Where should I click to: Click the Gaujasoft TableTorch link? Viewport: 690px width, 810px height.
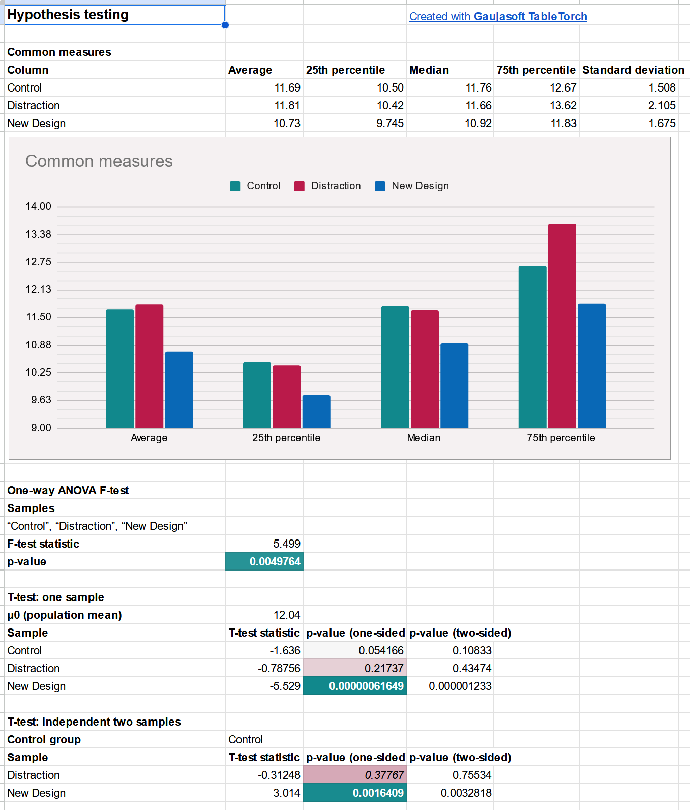[x=498, y=16]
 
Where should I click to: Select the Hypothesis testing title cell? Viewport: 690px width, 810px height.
[x=114, y=15]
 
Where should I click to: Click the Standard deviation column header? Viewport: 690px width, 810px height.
[x=633, y=70]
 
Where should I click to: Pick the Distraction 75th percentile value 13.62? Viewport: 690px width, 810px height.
[x=563, y=105]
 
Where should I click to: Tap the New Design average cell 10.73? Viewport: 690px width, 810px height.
[x=287, y=123]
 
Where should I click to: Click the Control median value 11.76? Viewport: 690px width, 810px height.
[x=478, y=87]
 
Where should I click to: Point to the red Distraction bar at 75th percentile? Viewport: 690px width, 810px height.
[x=562, y=325]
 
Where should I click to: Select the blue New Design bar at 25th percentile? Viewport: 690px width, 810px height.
[x=316, y=411]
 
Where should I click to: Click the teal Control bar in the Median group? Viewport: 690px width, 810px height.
[x=395, y=367]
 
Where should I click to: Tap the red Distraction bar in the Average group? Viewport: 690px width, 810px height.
[x=149, y=366]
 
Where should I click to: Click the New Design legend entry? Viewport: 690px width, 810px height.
[x=412, y=186]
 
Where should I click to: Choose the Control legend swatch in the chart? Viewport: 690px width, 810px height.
[x=235, y=186]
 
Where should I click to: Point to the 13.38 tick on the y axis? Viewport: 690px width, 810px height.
[x=39, y=234]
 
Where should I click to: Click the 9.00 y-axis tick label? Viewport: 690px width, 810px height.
[x=41, y=428]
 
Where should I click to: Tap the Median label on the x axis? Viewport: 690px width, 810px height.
[x=424, y=438]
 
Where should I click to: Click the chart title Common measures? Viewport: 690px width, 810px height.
[x=99, y=161]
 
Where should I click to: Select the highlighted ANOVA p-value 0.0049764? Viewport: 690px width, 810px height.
[x=264, y=561]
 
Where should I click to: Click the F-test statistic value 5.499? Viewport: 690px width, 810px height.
[x=287, y=544]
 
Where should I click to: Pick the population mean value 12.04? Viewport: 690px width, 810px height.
[x=287, y=615]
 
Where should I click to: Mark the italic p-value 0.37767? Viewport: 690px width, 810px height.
[x=384, y=775]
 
